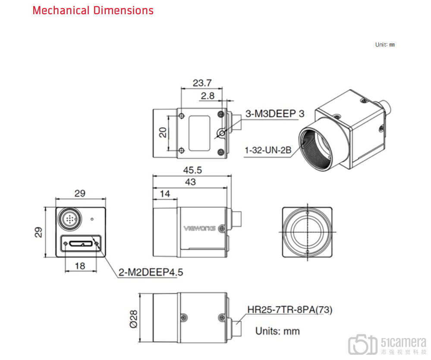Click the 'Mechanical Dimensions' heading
click(93, 10)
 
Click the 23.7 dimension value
click(202, 83)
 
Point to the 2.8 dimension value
click(208, 96)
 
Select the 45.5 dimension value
click(192, 170)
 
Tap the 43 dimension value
click(191, 182)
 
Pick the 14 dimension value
click(165, 194)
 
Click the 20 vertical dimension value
click(163, 132)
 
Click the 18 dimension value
click(80, 266)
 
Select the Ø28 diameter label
click(134, 319)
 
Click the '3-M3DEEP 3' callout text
click(275, 113)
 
